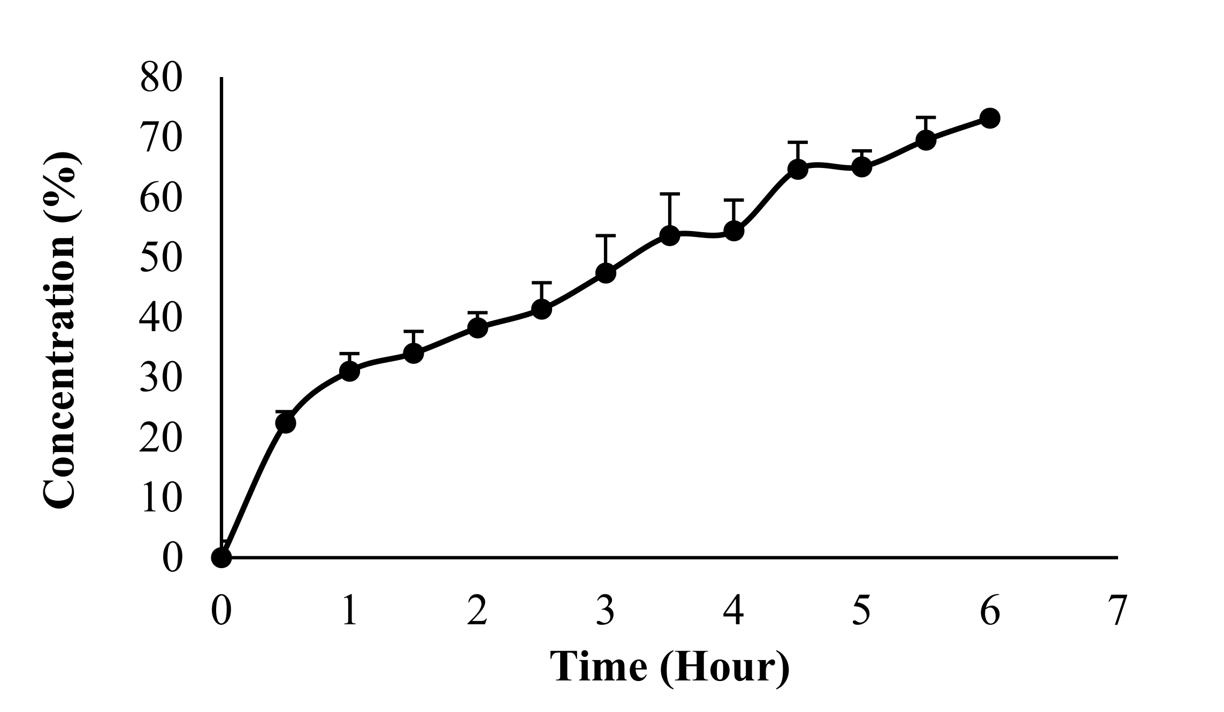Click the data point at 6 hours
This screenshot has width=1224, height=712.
(x=990, y=118)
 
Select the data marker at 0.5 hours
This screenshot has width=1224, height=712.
(x=285, y=423)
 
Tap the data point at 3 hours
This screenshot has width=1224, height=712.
(x=606, y=273)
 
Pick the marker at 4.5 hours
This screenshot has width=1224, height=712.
(x=798, y=170)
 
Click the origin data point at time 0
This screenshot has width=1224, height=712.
(x=221, y=557)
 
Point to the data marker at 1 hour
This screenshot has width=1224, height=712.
(x=349, y=371)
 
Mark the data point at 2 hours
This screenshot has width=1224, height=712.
(x=477, y=327)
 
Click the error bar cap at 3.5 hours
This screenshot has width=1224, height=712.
(x=670, y=194)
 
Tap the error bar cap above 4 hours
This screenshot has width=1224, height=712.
(x=733, y=200)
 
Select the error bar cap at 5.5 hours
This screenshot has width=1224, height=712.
(x=925, y=117)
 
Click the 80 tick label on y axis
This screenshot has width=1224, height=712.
(x=161, y=79)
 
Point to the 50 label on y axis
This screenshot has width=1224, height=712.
(x=161, y=258)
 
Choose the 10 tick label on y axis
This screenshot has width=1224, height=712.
(x=161, y=499)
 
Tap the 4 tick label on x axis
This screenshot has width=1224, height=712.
(x=733, y=611)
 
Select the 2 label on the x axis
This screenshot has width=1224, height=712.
(x=477, y=611)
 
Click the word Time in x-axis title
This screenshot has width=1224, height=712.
(x=598, y=667)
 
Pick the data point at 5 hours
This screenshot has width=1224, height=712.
(x=862, y=167)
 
